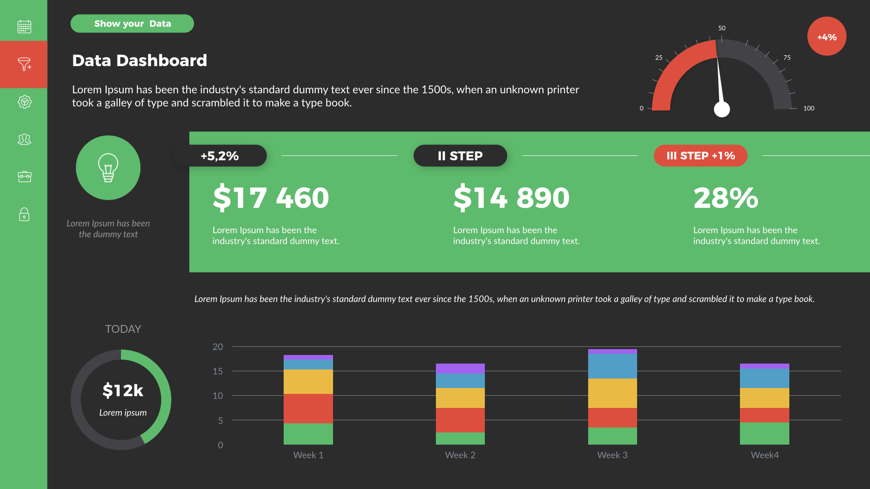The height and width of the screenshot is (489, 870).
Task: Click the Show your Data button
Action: point(132,24)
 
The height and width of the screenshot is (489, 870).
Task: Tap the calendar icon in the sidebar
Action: point(24,27)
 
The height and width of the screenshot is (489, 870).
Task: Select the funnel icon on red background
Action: point(24,64)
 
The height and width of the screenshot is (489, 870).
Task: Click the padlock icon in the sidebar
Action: point(24,214)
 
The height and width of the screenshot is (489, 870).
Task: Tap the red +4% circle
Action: point(826,37)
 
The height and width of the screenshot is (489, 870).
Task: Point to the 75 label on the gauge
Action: point(787,58)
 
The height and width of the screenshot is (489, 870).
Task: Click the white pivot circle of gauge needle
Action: point(722,109)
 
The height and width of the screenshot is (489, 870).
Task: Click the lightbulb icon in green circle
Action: point(108,168)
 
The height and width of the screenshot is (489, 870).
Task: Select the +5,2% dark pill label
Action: point(220,156)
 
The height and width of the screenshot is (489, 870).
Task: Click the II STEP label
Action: point(460,156)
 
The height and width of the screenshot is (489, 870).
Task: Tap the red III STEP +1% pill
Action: point(701,156)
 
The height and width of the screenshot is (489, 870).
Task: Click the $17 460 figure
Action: point(271,198)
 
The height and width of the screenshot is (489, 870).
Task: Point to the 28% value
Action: point(725,198)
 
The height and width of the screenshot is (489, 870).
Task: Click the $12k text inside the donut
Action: point(122,390)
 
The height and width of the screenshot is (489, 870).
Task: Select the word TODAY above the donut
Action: point(123,329)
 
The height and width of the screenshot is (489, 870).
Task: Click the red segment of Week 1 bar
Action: point(308,408)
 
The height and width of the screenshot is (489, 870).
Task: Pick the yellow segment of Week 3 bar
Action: point(612,393)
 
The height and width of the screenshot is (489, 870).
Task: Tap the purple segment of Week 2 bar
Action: point(460,368)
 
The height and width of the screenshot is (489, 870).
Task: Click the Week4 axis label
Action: point(764,455)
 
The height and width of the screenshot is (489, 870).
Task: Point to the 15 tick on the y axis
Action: point(217,371)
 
